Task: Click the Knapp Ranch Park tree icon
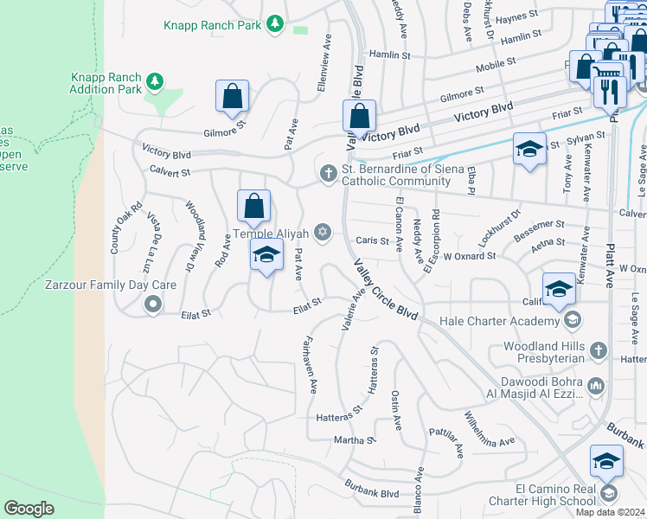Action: coord(275,23)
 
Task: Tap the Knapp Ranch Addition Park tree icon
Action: coord(154,81)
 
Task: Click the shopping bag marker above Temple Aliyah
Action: coord(253,207)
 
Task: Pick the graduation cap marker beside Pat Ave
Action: coord(267,255)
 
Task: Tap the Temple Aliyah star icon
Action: coord(323,231)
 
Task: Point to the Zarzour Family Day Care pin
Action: coord(153,303)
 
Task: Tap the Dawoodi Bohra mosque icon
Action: coord(595,385)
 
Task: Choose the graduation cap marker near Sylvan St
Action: coord(529,149)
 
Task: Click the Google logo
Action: coord(29,509)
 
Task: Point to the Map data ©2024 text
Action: coord(611,512)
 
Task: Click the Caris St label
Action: coord(373,241)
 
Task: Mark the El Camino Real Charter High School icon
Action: coord(608,493)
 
